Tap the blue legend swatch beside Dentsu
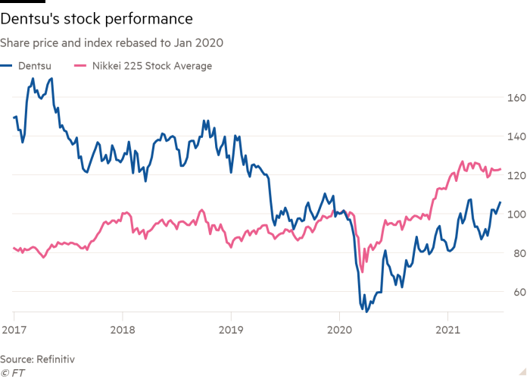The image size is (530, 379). (x=7, y=66)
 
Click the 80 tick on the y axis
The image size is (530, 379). (x=515, y=253)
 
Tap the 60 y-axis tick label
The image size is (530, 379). (x=515, y=292)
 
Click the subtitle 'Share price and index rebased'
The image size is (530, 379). (x=114, y=44)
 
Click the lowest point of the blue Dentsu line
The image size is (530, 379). (x=366, y=310)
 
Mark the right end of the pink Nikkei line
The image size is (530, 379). (x=501, y=170)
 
